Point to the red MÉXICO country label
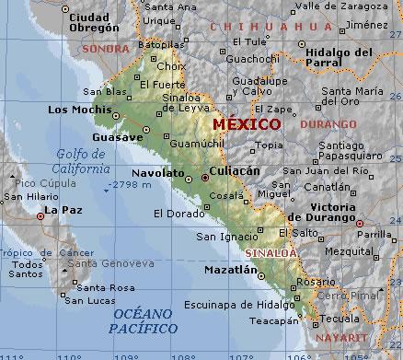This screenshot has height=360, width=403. point(246,122)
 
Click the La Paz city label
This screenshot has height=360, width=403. point(63,210)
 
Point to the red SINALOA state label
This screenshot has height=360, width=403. point(271,251)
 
